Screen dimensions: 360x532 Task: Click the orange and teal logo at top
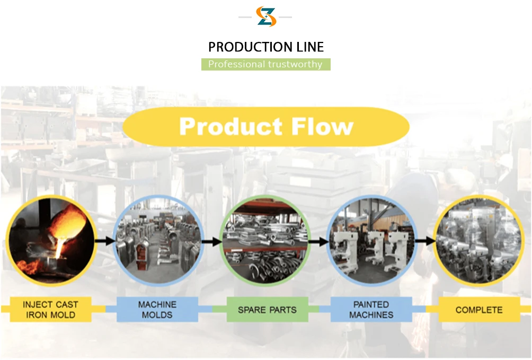pos(266,16)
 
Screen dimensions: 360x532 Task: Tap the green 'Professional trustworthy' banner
pos(265,64)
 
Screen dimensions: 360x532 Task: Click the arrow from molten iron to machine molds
pos(105,241)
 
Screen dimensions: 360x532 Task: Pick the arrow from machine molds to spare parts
pos(211,242)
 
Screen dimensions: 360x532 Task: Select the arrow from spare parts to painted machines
pos(318,242)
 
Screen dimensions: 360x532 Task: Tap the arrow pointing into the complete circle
pos(424,241)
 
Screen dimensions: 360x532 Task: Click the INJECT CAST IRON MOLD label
pos(50,310)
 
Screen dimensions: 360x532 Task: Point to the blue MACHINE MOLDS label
pos(157,310)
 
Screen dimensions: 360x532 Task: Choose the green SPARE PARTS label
pos(267,310)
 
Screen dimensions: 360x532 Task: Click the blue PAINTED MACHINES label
pos(371,310)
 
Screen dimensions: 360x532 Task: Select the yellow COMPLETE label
pos(479,310)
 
